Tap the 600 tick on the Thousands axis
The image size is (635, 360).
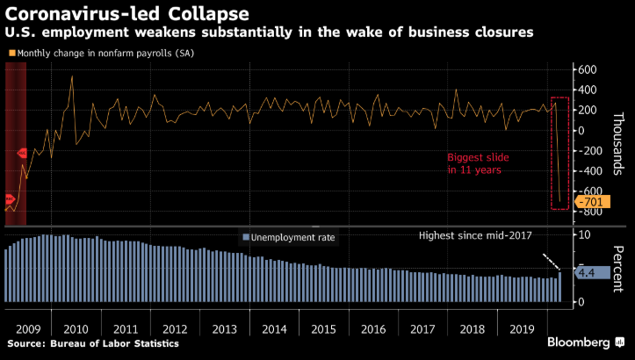pos(588,69)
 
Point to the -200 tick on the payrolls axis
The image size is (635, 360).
pos(586,151)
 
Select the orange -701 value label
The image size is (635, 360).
pos(590,202)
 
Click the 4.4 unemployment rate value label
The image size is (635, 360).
pos(587,273)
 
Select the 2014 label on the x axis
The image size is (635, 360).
pos(275,329)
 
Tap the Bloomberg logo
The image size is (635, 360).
pos(579,342)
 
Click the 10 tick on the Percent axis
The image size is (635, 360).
pos(581,235)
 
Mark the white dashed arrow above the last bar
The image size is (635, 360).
pos(550,262)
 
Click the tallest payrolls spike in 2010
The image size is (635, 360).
pos(72,76)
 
